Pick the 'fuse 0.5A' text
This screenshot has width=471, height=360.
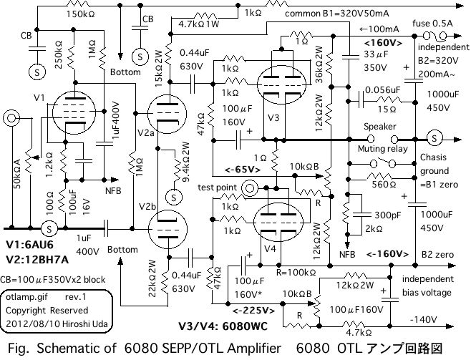[434, 23]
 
